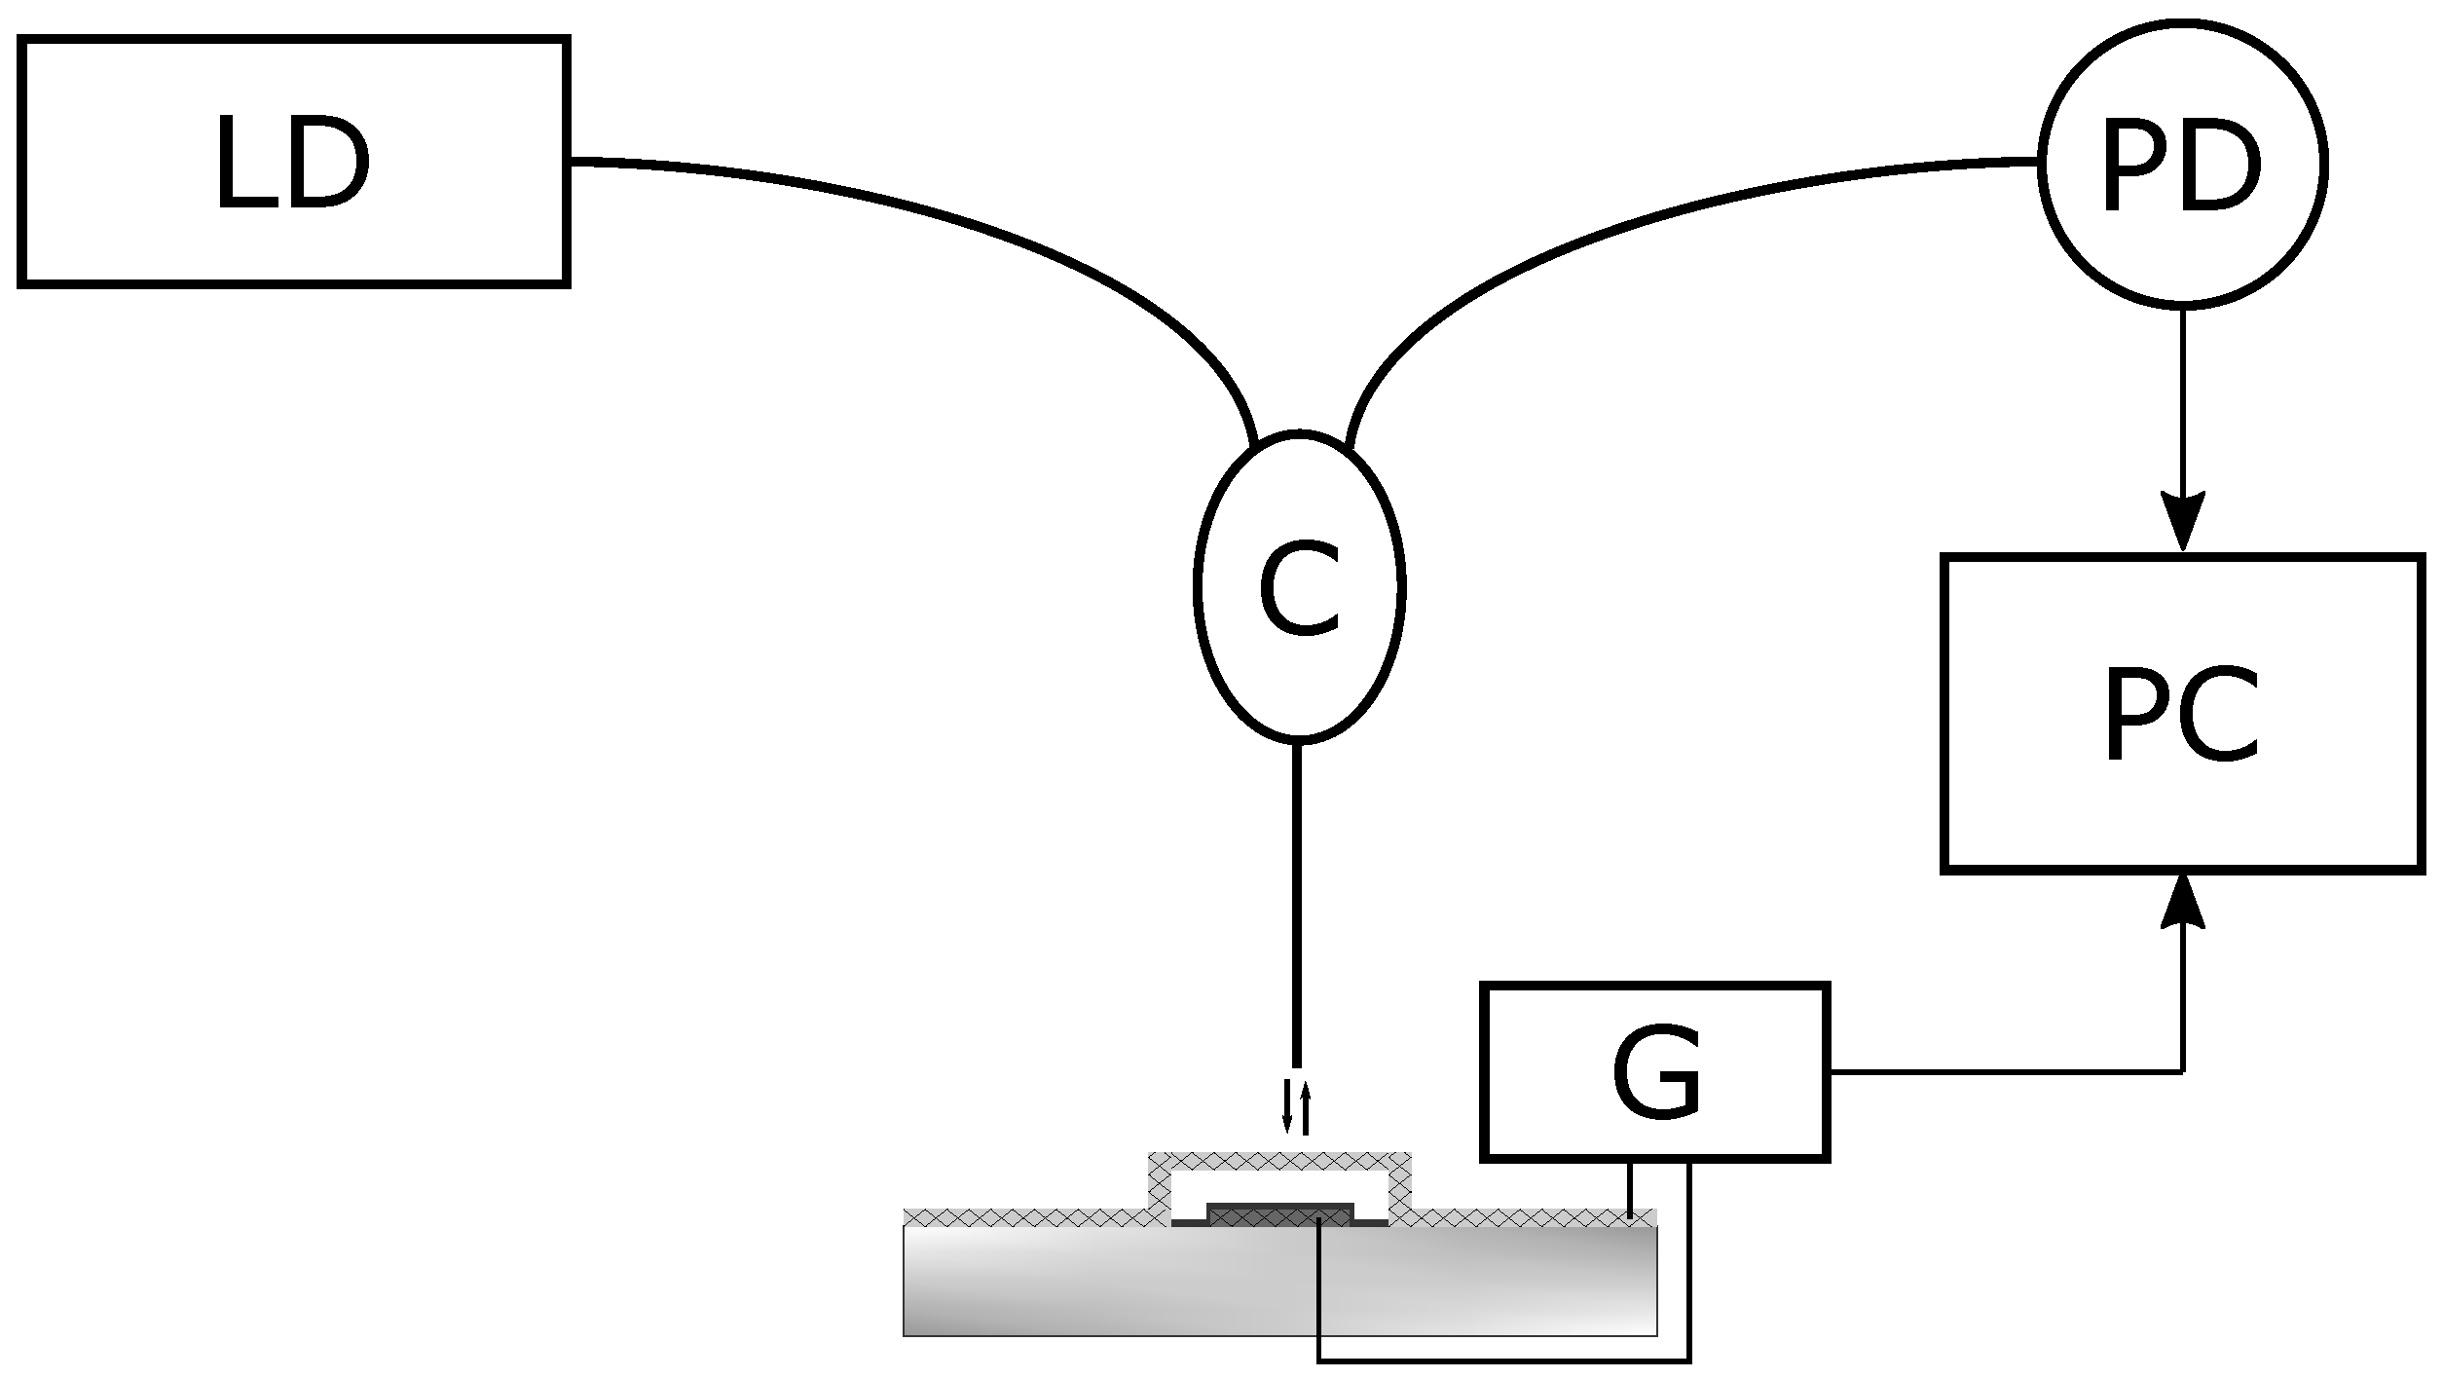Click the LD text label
click(292, 163)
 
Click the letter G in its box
click(1655, 1072)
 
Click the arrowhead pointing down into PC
click(2182, 523)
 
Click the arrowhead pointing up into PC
click(2182, 903)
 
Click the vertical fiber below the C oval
click(1296, 906)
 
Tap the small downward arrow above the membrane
click(1287, 1110)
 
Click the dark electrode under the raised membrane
click(1279, 1212)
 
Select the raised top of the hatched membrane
click(1279, 1161)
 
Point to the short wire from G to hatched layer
click(1630, 1189)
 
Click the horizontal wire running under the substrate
click(1499, 1360)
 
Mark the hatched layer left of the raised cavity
click(1022, 1217)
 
